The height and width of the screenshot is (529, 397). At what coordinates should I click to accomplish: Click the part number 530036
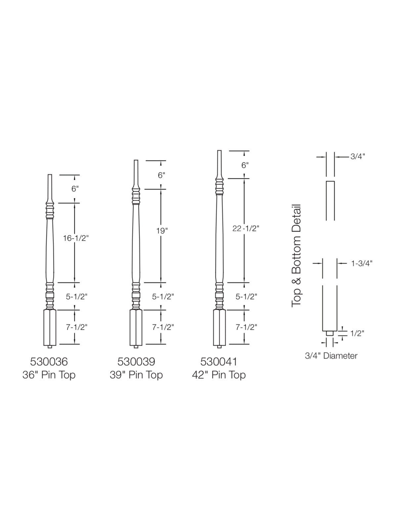(49, 362)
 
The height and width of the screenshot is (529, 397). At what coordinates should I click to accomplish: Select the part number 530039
(136, 362)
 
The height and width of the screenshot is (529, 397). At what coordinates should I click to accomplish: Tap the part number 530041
(219, 362)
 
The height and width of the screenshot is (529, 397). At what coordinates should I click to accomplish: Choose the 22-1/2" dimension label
(245, 228)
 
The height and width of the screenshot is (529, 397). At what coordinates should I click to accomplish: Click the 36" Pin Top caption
(49, 375)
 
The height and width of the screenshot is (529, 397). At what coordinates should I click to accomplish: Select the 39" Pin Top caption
(136, 375)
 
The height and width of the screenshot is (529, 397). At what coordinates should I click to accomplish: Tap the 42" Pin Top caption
(219, 375)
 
